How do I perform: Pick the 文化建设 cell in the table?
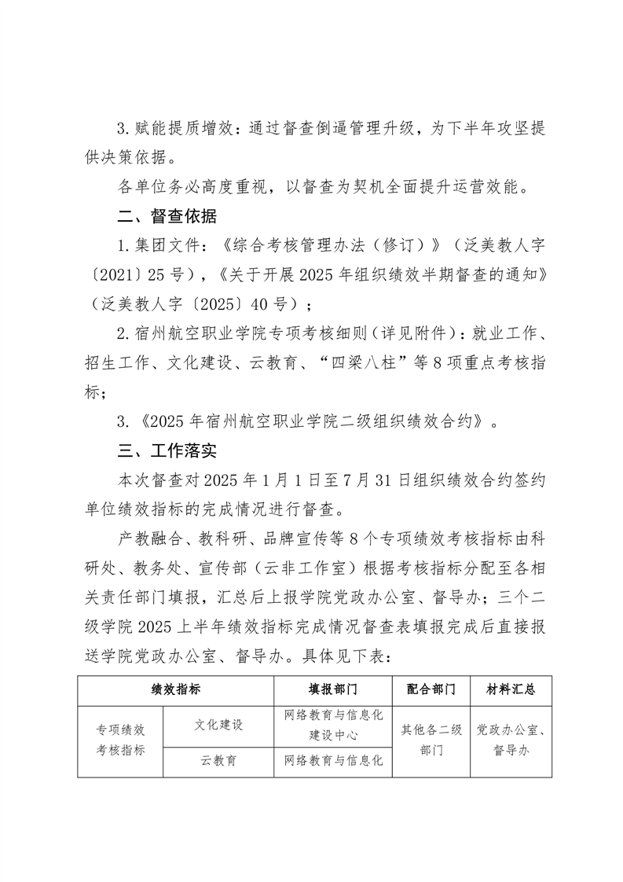coord(218,725)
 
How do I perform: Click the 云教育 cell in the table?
coord(218,760)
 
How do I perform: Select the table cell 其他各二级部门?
coord(431,740)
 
